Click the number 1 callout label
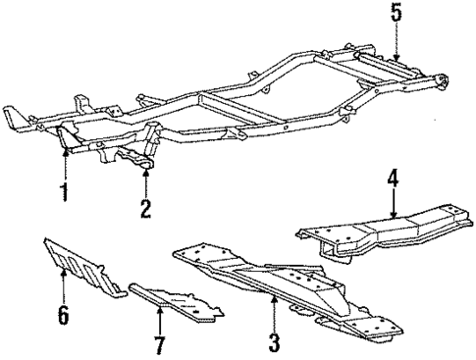click(64, 192)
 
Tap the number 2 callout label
click(146, 207)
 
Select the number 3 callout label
click(275, 342)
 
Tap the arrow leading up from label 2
click(146, 182)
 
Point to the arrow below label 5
click(396, 44)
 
